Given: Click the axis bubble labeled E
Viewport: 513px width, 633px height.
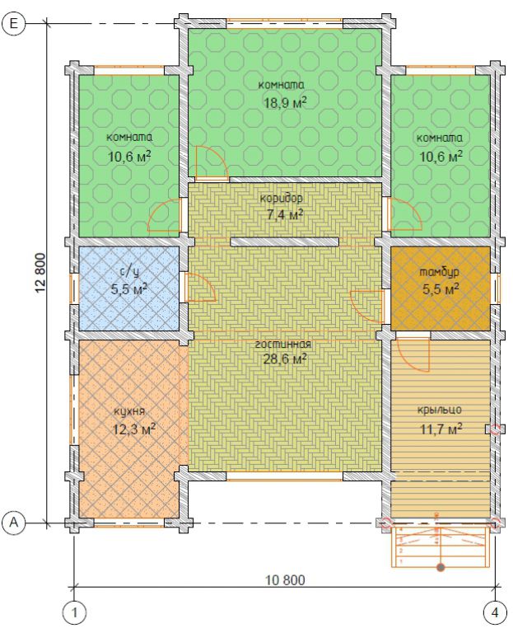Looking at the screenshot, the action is [13, 24].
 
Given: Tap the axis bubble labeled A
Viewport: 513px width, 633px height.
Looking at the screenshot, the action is [13, 523].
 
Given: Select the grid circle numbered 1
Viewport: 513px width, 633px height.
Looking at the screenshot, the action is [75, 613].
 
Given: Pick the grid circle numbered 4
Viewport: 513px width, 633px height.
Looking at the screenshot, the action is [495, 613].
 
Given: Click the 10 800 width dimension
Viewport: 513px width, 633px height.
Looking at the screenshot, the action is [285, 580].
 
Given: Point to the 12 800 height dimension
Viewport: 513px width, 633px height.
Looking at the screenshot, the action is [40, 273].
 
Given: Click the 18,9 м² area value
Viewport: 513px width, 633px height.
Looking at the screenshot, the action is [285, 102].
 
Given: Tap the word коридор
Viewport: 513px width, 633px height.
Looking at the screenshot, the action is [281, 199].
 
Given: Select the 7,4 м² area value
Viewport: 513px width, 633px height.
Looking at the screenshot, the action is [285, 214].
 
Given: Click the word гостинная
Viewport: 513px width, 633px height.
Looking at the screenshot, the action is [283, 345].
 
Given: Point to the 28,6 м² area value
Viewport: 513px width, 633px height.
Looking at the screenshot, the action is [285, 359].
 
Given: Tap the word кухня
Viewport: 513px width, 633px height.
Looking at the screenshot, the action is [129, 411].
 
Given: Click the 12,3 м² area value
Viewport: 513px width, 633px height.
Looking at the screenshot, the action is [134, 429].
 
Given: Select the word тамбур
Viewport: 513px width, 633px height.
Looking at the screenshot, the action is [439, 273].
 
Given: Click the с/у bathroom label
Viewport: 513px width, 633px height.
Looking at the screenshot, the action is [129, 272].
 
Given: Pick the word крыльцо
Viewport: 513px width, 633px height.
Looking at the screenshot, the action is [439, 410].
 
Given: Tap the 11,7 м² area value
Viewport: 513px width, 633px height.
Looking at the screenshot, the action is [441, 429].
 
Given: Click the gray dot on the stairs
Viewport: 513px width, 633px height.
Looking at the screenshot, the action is [441, 568].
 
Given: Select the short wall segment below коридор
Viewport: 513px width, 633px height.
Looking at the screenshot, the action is [285, 241].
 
